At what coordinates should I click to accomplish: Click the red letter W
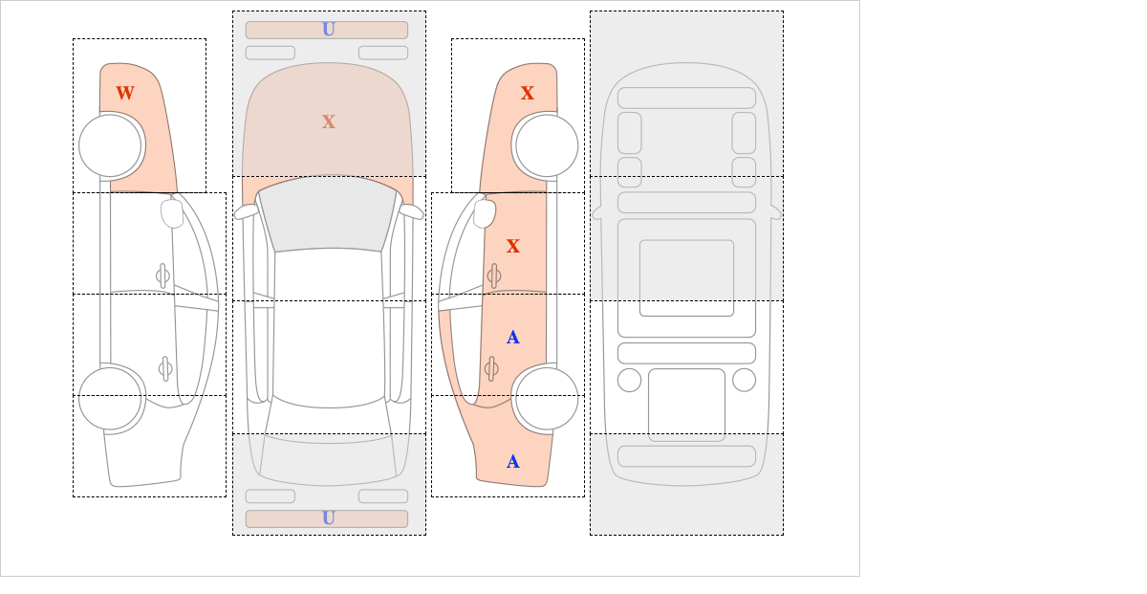pos(125,94)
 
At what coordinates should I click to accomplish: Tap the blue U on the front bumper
pos(329,30)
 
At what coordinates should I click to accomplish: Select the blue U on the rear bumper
pos(329,518)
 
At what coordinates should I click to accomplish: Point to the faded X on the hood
pos(329,122)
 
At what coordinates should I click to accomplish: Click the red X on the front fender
pos(528,94)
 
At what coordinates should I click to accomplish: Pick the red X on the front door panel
pos(513,247)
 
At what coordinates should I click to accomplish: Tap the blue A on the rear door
pos(513,338)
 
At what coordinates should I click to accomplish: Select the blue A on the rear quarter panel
pos(513,462)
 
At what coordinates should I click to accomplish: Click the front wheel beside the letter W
pos(111,146)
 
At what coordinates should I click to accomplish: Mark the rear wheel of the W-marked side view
pos(111,398)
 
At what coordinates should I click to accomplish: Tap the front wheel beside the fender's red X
pos(547,146)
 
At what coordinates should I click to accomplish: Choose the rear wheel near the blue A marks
pos(547,398)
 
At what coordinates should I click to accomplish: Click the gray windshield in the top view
pos(328,213)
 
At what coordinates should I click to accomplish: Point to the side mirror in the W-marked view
pos(172,213)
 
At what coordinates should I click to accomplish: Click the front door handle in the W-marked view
pos(162,276)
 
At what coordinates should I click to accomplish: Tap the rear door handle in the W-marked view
pos(165,369)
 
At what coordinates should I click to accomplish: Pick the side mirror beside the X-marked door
pos(485,213)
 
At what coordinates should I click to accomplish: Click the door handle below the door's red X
pos(494,276)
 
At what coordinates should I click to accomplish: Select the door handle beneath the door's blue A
pos(491,369)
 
